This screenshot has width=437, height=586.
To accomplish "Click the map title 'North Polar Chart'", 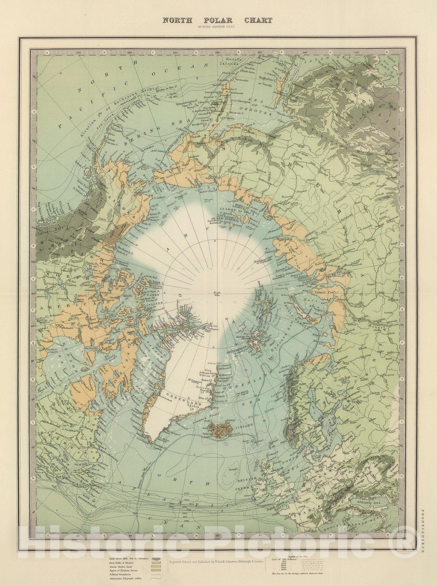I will [218, 21].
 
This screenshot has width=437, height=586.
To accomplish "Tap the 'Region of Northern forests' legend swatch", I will [153, 570].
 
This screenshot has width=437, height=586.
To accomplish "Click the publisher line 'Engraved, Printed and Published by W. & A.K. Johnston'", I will [216, 560].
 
